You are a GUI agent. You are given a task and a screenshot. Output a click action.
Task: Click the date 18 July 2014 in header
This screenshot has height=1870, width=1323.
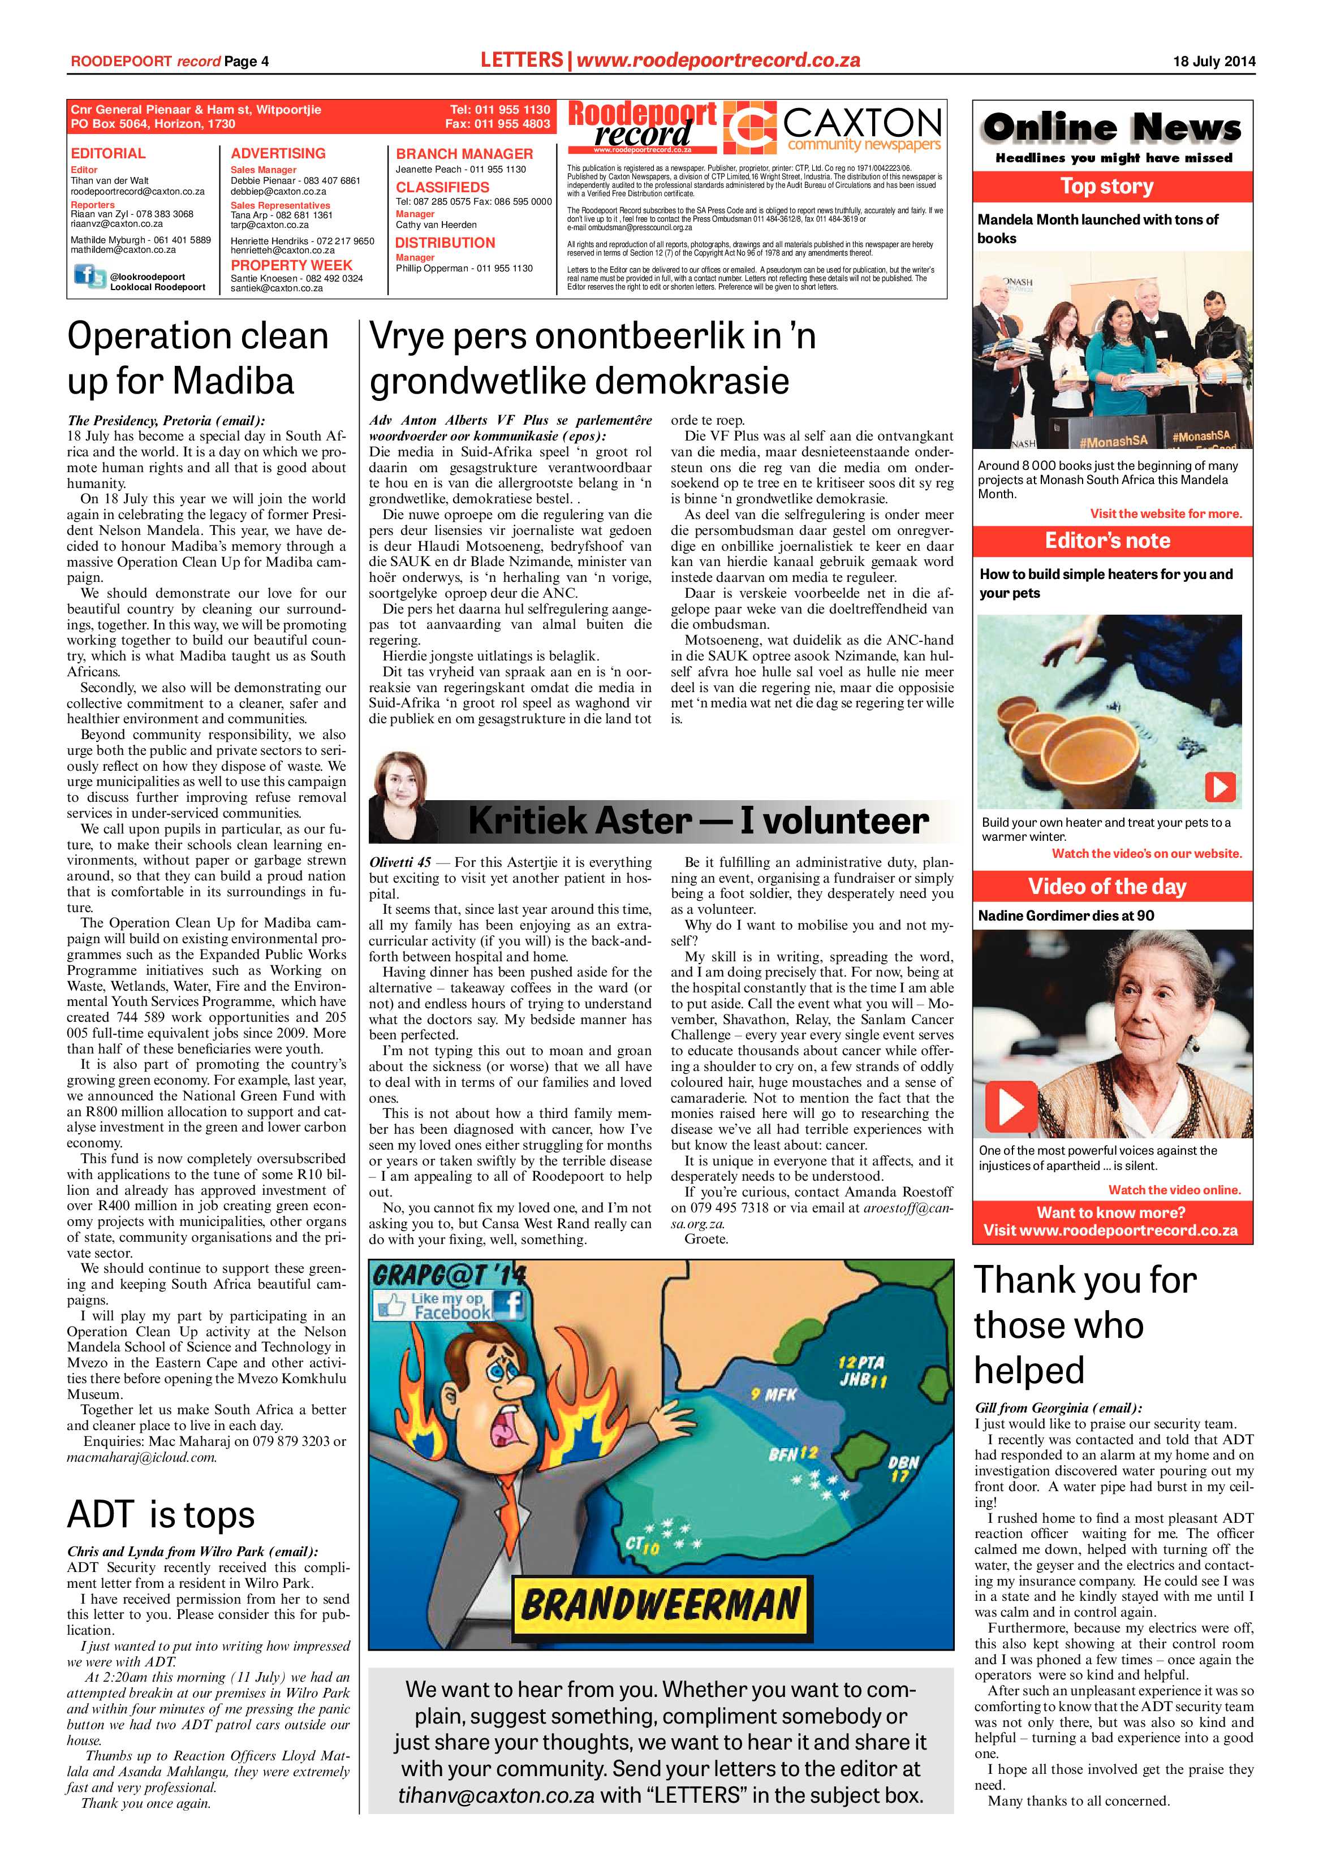pos(1214,61)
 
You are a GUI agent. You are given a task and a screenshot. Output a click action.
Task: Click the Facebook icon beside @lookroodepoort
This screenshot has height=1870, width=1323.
pos(89,277)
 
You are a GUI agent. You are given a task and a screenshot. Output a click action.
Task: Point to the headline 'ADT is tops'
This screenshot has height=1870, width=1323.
pos(161,1515)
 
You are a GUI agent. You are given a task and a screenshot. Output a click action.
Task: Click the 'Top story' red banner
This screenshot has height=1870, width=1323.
pos(1112,187)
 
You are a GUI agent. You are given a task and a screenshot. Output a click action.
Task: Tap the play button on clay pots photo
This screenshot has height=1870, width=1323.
pos(1219,787)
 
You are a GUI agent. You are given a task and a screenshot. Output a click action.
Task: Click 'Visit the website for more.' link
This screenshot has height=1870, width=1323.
pos(1165,514)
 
